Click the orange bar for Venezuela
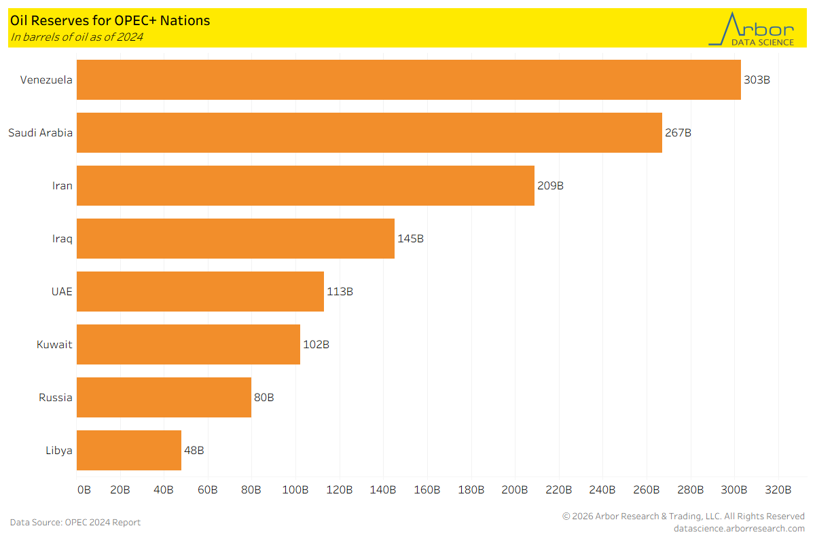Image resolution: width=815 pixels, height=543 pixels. [408, 80]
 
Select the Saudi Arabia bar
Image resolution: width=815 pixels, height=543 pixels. [369, 133]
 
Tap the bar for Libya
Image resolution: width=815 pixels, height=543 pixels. [129, 451]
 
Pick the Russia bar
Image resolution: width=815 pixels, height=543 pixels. [164, 398]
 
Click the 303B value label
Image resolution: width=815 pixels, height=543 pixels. [757, 80]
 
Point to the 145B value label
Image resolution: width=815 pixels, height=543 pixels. [410, 239]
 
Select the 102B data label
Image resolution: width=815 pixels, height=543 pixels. [316, 345]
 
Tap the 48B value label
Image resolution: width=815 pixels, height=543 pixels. [194, 451]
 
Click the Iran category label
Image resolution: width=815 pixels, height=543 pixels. [62, 186]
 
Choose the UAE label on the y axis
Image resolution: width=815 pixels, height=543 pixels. [61, 292]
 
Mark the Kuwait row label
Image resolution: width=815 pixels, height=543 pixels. [54, 345]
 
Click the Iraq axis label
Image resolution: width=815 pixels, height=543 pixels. [62, 239]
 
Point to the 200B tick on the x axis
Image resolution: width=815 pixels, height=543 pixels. [515, 490]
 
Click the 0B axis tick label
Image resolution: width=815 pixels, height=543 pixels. [84, 490]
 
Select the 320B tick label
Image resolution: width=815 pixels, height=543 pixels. [778, 490]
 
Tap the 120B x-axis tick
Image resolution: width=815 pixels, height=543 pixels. [340, 490]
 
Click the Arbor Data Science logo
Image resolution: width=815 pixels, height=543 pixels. [751, 29]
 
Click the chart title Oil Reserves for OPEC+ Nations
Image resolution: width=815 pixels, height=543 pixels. [110, 21]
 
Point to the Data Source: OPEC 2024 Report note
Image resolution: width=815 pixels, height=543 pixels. [75, 523]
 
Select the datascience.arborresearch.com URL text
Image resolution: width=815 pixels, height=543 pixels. [739, 529]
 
